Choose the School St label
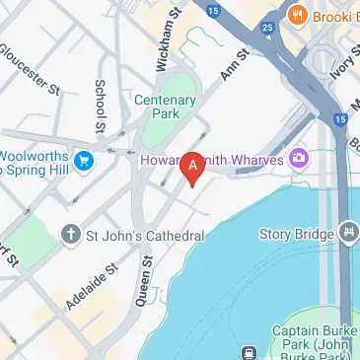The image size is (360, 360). click(99, 106)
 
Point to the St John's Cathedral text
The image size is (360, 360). click(146, 236)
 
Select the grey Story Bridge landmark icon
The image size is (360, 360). click(348, 234)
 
